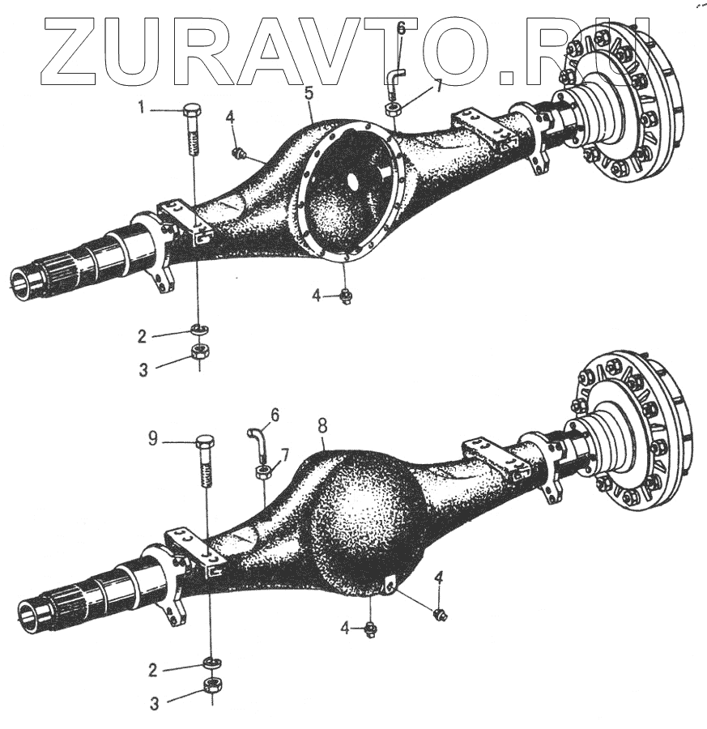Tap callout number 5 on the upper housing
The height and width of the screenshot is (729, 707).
[309, 93]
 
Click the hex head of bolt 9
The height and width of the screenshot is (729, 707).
[206, 445]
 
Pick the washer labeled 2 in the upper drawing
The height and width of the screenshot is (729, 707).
[198, 329]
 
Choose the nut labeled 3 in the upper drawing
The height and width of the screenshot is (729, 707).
[199, 352]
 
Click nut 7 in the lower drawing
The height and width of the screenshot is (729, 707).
[262, 471]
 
